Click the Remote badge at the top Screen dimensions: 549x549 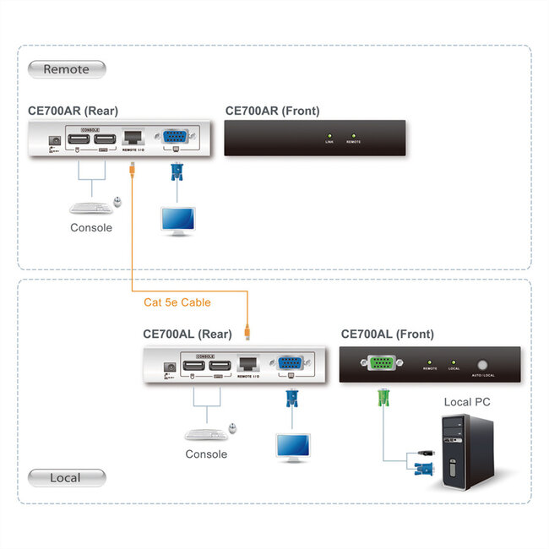tap(67, 69)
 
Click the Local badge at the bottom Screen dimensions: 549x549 tap(67, 478)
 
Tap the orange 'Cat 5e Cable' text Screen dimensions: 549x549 tap(177, 302)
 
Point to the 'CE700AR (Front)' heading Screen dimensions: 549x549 tap(272, 111)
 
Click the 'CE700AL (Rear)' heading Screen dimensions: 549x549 tap(186, 334)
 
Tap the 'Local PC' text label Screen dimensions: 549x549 tap(467, 402)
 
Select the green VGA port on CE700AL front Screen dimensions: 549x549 tap(380, 363)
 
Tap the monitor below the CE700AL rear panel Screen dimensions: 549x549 tap(292, 445)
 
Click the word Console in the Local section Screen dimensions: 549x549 tap(206, 454)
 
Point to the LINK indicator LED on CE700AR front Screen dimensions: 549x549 tap(329, 135)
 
